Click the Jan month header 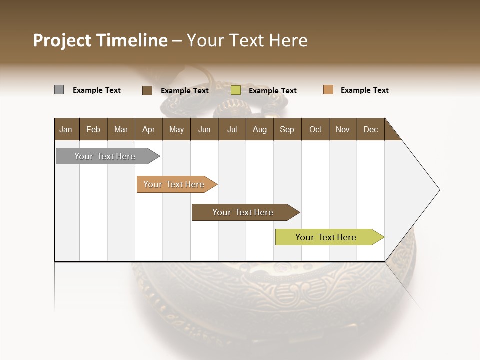pos(66,129)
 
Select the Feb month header pos(93,129)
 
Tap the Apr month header pos(149,129)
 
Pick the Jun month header pos(204,129)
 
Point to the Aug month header pos(260,129)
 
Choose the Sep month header pos(287,129)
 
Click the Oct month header pos(315,129)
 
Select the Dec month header pos(371,129)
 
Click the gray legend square pos(59,90)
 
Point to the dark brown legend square pos(147,90)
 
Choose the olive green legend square pos(236,90)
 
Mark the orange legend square pos(328,90)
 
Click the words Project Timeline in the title pos(100,40)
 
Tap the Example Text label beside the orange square pos(364,90)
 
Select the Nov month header pos(343,129)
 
